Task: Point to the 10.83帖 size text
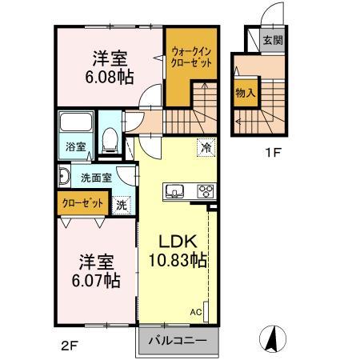coord(178,260)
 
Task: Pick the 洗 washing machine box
coord(121,205)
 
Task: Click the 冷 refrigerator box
coord(206,147)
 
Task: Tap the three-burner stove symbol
coord(205,191)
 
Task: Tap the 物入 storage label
coord(245,93)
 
